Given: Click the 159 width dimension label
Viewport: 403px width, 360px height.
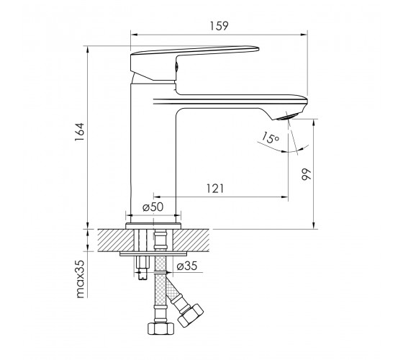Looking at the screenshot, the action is pos(219,26).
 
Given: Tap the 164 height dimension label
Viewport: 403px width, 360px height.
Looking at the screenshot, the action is pos(80,132).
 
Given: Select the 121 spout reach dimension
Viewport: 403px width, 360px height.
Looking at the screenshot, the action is pos(215,189).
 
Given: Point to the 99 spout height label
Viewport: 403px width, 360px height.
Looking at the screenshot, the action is pos(306,174).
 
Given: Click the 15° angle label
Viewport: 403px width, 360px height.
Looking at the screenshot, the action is pos(270,138).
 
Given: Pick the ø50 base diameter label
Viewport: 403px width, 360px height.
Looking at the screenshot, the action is pos(153,207).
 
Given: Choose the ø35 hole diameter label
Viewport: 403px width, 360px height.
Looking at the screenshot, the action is pos(187,266).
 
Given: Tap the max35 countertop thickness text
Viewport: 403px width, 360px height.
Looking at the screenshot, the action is pos(80,279).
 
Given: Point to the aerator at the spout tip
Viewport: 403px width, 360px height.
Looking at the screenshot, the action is pos(288,117).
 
